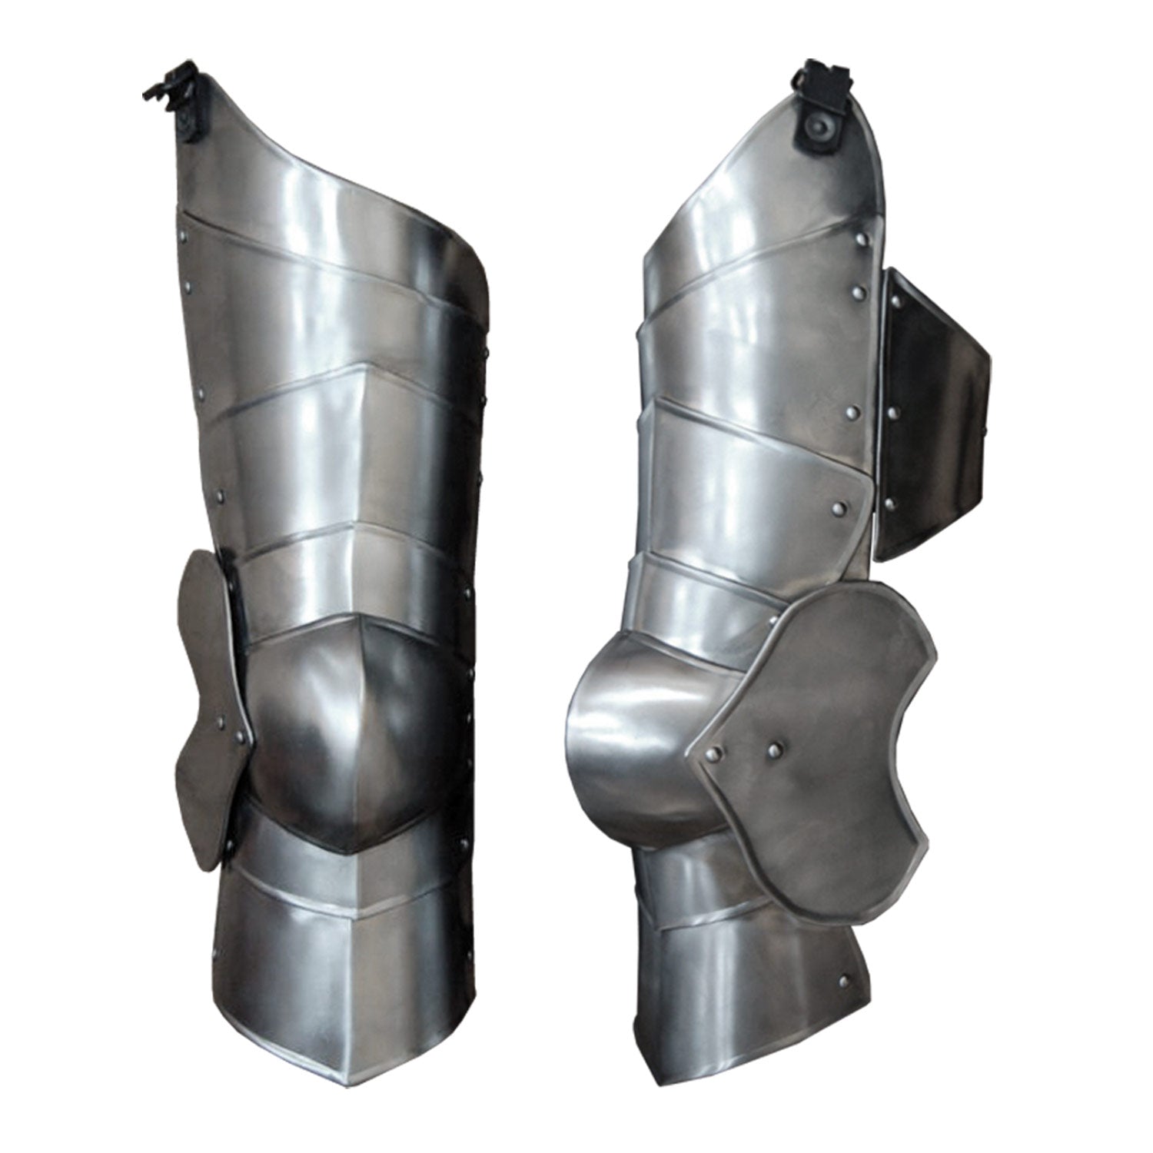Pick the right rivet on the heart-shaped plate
coord(772,746)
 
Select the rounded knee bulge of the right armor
coord(615,730)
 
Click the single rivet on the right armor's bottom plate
coord(846,979)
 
